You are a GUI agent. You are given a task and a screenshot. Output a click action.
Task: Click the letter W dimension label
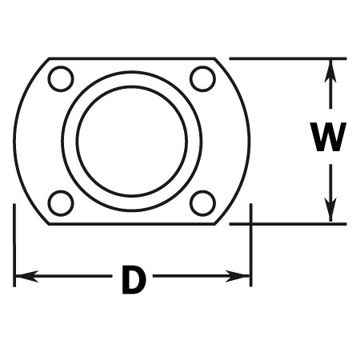pyautogui.click(x=329, y=137)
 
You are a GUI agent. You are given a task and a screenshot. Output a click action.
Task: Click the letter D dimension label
pyautogui.click(x=134, y=280)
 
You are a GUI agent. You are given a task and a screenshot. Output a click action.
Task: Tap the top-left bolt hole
pyautogui.click(x=61, y=79)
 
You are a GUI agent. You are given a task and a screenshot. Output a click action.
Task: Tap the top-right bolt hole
pyautogui.click(x=202, y=79)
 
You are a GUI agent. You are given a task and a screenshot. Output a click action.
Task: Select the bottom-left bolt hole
pyautogui.click(x=61, y=203)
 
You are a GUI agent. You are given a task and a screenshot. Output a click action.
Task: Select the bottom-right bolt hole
pyautogui.click(x=202, y=203)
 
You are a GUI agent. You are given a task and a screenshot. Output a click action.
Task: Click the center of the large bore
pyautogui.click(x=132, y=142)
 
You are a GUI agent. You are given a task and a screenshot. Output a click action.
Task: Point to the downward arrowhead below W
pyautogui.click(x=330, y=210)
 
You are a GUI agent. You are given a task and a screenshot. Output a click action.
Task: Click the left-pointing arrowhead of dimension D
pyautogui.click(x=26, y=276)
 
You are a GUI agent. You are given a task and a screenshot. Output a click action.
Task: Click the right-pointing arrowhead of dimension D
pyautogui.click(x=238, y=276)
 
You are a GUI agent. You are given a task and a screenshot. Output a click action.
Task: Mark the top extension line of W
pyautogui.click(x=288, y=58)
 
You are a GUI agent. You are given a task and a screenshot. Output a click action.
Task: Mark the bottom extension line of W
pyautogui.click(x=288, y=224)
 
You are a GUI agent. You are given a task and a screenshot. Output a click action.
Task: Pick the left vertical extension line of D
pyautogui.click(x=14, y=246)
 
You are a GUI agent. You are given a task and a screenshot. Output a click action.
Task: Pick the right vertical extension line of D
pyautogui.click(x=250, y=246)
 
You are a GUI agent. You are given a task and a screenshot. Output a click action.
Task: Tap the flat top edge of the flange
pyautogui.click(x=132, y=58)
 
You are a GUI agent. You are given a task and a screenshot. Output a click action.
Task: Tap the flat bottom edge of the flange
pyautogui.click(x=132, y=224)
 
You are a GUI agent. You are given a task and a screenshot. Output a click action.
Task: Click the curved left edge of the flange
pyautogui.click(x=14, y=142)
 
